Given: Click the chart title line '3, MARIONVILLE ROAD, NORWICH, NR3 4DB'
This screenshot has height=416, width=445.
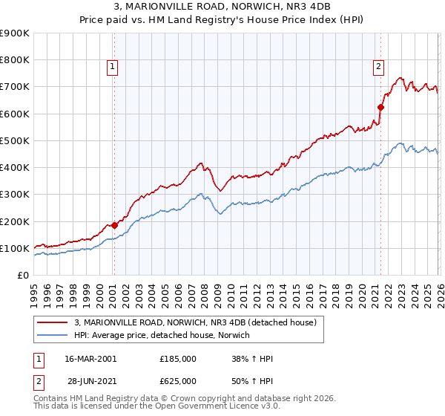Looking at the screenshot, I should [222, 7].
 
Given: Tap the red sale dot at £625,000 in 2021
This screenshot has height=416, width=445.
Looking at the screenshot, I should [381, 107].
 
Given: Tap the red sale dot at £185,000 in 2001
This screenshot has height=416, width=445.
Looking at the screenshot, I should [114, 225].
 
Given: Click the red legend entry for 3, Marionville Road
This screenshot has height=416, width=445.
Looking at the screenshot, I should [196, 322].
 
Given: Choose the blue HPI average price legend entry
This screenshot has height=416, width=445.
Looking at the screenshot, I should [162, 335].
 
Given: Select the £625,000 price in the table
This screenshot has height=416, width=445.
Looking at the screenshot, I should [178, 381].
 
